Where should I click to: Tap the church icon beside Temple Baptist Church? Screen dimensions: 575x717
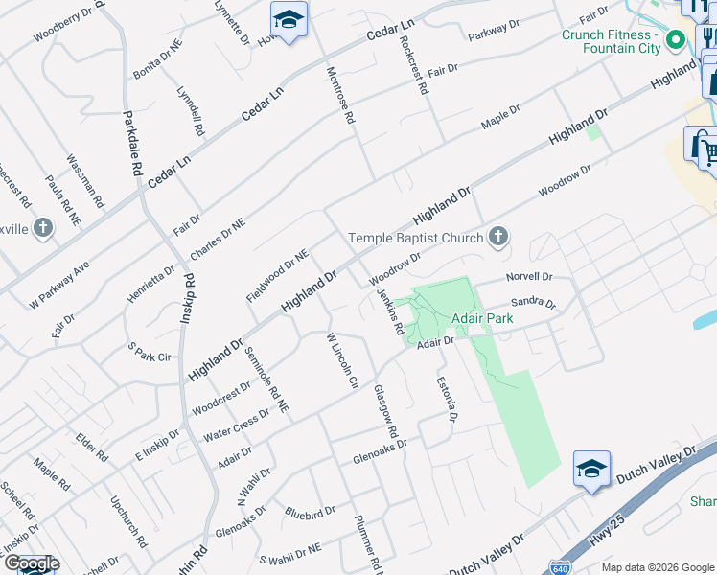(497, 237)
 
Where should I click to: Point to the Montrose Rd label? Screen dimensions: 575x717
(341, 97)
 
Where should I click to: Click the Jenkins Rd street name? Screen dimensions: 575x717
(389, 312)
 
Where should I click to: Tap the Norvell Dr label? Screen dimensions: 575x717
(529, 278)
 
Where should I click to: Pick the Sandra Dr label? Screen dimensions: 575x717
(533, 303)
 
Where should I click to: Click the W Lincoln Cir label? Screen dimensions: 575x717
(341, 360)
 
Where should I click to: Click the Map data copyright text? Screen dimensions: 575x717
(658, 567)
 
